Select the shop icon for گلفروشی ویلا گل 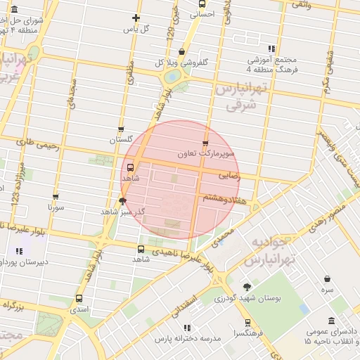pos(182,51)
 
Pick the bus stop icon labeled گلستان pos(121,129)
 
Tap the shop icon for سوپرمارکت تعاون pos(205,143)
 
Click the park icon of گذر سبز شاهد pos(122,201)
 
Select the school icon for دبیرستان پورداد pos(19,251)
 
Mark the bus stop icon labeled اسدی pos(79,298)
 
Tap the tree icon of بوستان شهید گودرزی pos(247,286)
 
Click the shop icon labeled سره pos(328,278)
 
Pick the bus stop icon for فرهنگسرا pos(247,322)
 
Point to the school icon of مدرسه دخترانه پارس pos(186,328)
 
